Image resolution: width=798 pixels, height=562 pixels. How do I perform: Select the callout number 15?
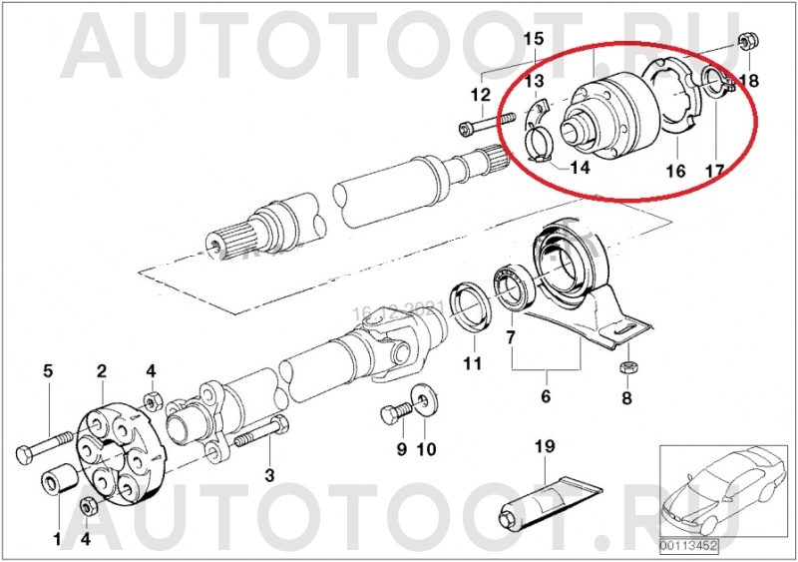534,39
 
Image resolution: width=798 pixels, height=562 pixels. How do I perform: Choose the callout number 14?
580,168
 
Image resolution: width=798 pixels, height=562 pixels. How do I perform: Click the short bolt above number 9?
394,413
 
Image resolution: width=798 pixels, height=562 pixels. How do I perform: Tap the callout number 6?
545,397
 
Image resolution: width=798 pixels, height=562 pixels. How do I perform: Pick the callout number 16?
675,172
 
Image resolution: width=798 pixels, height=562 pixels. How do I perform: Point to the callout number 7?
511,339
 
